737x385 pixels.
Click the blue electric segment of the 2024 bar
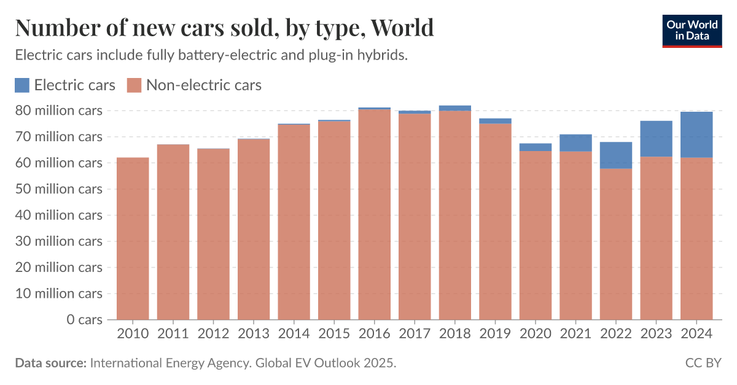click(696, 134)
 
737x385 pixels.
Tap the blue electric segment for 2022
click(616, 155)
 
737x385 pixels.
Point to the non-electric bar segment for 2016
click(374, 214)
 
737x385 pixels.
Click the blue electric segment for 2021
click(575, 143)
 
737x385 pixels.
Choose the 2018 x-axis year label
click(454, 333)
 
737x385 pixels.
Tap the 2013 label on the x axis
click(253, 333)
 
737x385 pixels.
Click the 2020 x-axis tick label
click(535, 333)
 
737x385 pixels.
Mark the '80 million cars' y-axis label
click(60, 111)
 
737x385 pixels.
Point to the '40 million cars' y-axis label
click(60, 215)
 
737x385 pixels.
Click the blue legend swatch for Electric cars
click(22, 85)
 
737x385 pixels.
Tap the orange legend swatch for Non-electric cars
click(134, 85)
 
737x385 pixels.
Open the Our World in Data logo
click(692, 29)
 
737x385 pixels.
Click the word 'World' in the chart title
click(403, 28)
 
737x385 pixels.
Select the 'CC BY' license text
click(703, 363)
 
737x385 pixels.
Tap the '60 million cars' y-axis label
click(60, 163)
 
